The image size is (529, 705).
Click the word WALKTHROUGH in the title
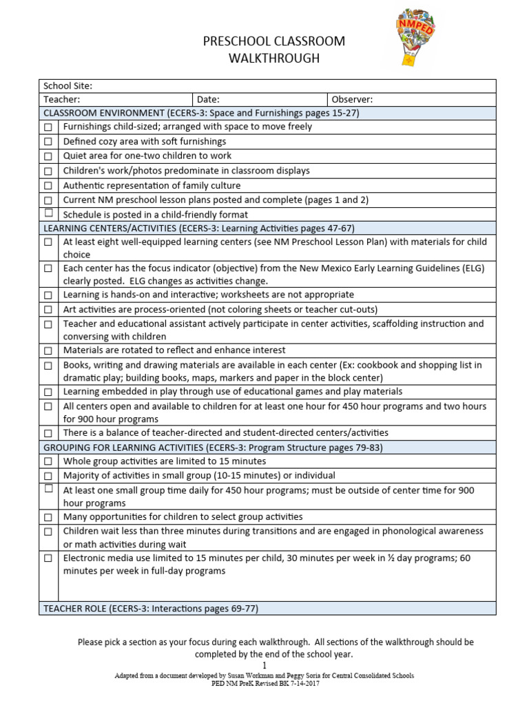[274, 59]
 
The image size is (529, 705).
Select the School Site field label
[68, 86]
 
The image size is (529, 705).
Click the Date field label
[208, 100]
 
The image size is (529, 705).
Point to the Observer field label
[352, 100]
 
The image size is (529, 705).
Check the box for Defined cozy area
[48, 142]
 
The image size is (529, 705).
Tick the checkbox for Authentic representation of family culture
[48, 186]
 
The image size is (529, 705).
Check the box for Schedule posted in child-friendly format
[48, 213]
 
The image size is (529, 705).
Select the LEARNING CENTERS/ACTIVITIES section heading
[198, 228]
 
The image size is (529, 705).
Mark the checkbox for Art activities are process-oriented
[48, 310]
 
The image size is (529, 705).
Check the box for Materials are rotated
[48, 351]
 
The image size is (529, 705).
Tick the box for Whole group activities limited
[48, 462]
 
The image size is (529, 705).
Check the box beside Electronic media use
[48, 558]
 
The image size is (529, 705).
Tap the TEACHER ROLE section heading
[150, 609]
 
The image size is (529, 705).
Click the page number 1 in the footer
[264, 666]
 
